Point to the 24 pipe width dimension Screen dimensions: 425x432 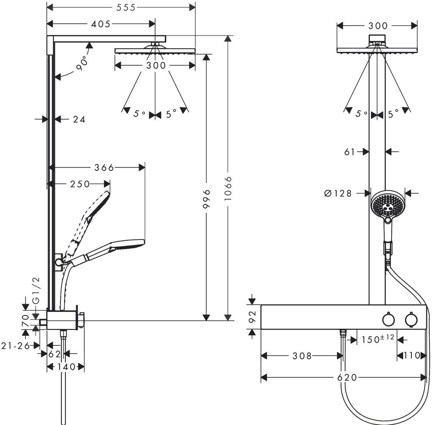79,119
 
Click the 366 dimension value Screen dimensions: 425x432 104,167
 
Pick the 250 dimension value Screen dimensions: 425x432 80,184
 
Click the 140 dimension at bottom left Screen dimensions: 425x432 66,367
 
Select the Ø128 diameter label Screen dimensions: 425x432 338,194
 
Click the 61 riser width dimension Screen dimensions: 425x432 350,152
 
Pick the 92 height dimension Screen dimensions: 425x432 252,317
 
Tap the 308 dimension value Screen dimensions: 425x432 302,356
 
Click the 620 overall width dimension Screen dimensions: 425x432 347,377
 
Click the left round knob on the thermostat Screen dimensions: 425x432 388,320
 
